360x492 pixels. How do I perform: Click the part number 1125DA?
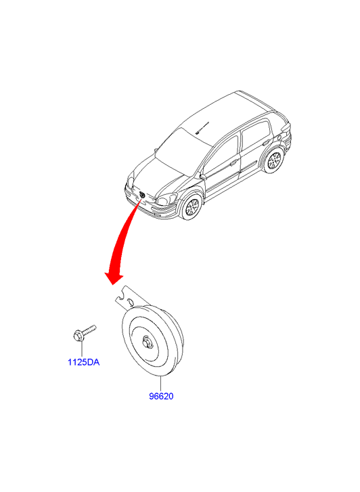click(83, 362)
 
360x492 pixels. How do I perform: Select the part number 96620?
click(161, 397)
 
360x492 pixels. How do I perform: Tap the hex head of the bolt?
click(77, 336)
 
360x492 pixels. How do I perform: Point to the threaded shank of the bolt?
click(89, 330)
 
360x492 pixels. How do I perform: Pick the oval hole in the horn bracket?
click(130, 303)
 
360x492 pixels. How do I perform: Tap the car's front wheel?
click(191, 206)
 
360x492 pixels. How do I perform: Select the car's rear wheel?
click(274, 160)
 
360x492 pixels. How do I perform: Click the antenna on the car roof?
click(202, 128)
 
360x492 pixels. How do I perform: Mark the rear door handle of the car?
click(266, 143)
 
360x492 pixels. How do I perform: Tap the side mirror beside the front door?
click(203, 177)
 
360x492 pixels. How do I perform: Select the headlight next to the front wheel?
click(166, 199)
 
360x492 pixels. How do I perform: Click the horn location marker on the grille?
click(142, 195)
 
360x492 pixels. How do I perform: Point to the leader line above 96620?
click(160, 384)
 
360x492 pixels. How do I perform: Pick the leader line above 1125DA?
click(82, 349)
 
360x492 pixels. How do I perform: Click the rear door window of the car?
click(256, 135)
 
